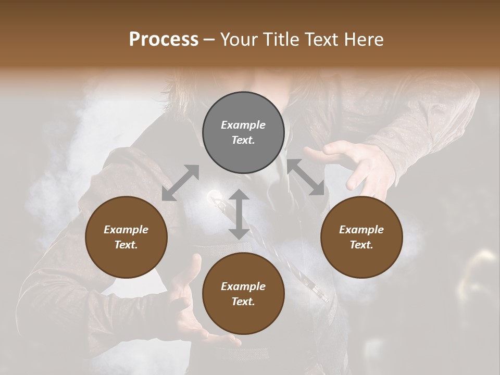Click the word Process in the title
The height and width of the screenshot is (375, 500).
point(164,40)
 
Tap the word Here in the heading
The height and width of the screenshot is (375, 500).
point(364,40)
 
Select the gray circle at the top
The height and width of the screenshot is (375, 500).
point(243,133)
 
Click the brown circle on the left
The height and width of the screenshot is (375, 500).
point(126,238)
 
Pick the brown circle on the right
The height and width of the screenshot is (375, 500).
point(361,238)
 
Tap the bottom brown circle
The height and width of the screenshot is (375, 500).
point(243,294)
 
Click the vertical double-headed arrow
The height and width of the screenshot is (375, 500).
point(239,215)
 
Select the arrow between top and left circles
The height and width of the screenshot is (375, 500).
point(180,182)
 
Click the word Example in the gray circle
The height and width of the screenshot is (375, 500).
point(243,125)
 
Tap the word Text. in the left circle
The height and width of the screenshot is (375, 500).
point(126,245)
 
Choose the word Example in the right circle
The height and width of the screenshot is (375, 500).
point(361,230)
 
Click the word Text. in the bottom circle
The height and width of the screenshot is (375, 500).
point(243,302)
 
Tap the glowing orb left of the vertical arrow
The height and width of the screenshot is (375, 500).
point(214,196)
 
